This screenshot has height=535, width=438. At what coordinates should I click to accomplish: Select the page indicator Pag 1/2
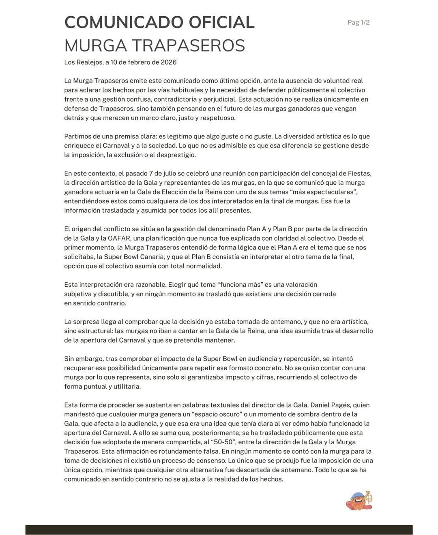pyautogui.click(x=359, y=23)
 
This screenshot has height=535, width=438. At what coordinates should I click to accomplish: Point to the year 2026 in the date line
pyautogui.click(x=169, y=62)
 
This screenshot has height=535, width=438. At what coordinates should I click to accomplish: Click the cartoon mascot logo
pyautogui.click(x=359, y=501)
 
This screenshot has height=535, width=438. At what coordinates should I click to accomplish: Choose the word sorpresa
pyautogui.click(x=88, y=322)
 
